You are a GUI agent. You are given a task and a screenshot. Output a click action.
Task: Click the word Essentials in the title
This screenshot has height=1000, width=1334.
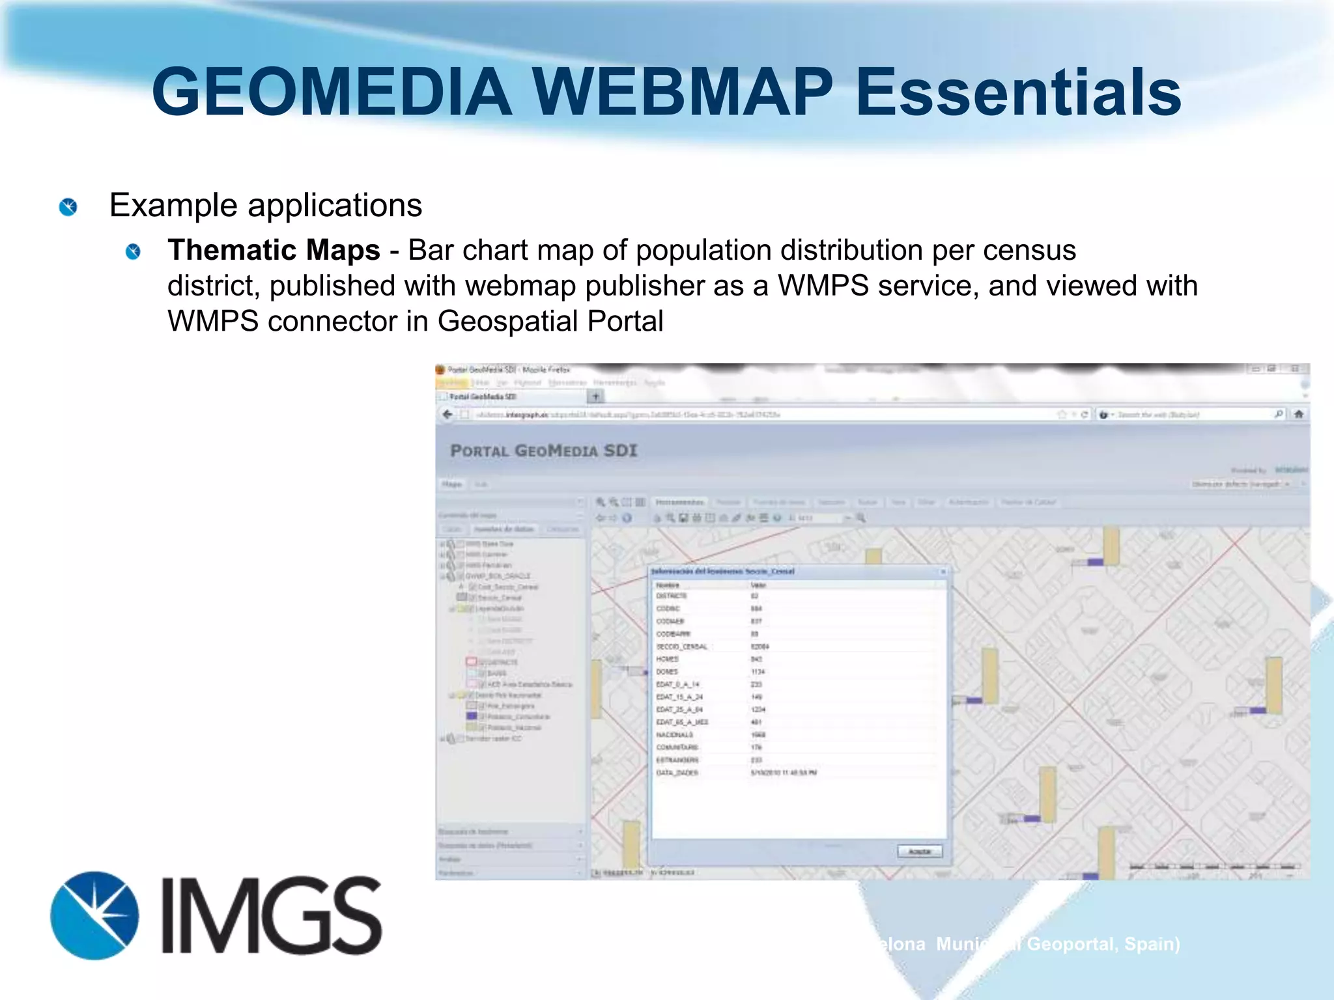1017,92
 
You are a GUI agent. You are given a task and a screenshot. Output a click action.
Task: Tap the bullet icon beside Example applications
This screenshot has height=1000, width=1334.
68,207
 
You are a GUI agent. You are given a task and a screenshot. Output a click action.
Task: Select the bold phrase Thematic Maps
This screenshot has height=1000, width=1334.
274,251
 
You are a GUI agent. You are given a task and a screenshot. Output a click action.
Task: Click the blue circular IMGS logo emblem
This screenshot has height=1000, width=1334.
94,915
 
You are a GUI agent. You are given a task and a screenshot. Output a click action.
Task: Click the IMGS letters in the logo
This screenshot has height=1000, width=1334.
272,915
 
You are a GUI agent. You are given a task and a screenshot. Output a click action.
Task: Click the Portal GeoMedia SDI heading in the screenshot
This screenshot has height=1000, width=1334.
544,451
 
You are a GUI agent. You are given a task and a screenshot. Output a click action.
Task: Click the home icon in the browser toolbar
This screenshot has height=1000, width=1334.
1298,414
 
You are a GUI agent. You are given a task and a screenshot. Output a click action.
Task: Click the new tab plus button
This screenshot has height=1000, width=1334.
595,396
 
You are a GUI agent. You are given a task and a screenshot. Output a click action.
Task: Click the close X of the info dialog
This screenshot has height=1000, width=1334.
943,572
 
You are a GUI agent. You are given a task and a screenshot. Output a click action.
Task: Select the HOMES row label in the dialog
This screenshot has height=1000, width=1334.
667,659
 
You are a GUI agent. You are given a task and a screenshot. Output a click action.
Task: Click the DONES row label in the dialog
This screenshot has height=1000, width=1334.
667,671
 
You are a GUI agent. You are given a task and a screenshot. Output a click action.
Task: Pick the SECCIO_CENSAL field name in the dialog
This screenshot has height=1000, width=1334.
681,646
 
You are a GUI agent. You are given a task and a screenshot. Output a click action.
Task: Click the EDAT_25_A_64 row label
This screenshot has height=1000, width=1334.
679,710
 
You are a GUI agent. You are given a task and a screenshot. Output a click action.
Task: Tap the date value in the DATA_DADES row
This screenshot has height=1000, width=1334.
784,773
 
